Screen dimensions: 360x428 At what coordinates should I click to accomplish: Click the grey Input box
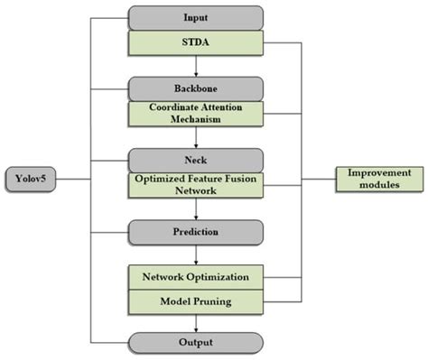[195, 16]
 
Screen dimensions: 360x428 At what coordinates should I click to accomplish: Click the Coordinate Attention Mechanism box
[195, 114]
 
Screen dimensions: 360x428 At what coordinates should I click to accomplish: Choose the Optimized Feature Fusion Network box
[195, 185]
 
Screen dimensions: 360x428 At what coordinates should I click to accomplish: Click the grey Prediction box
[195, 232]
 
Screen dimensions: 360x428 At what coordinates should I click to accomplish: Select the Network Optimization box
[195, 275]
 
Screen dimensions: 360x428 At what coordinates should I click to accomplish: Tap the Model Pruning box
[195, 300]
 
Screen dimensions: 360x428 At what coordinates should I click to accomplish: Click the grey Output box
[195, 343]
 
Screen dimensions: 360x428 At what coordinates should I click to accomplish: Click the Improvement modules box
[379, 178]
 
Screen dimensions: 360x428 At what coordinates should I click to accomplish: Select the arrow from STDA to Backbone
[195, 65]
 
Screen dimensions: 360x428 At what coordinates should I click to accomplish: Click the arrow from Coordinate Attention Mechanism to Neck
[195, 138]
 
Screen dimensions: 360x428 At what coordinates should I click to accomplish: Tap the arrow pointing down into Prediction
[195, 209]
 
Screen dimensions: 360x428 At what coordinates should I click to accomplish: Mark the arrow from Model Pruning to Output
[195, 323]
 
